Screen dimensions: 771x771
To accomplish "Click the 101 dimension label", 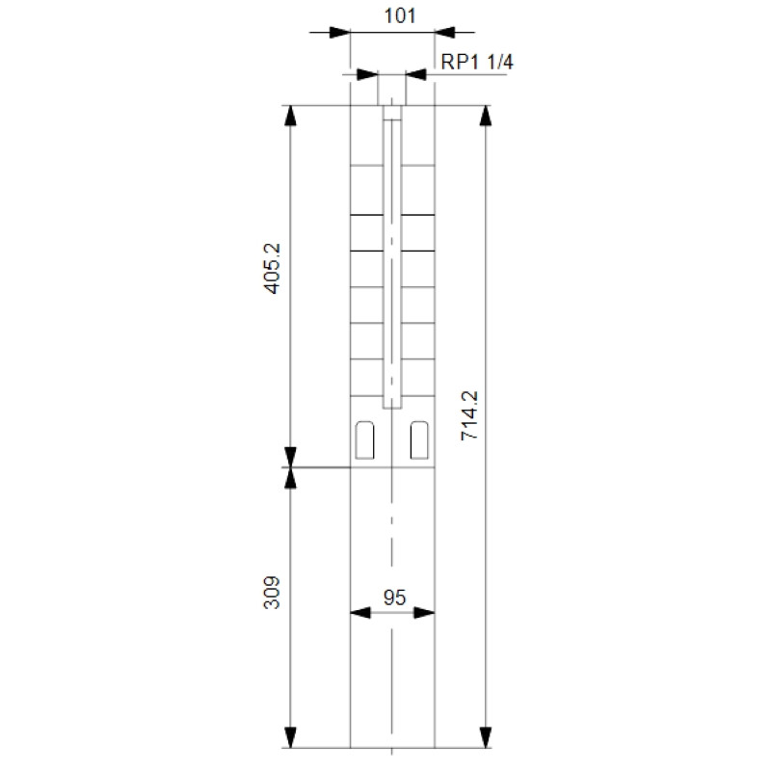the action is tap(399, 15).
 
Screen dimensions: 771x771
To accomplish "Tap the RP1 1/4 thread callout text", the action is tap(476, 62).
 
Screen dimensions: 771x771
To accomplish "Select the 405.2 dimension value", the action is tap(272, 269).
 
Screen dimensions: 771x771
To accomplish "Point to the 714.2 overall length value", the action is tap(469, 415).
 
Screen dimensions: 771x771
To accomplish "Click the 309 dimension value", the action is tap(272, 593).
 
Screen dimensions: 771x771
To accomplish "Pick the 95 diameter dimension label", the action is tap(394, 598).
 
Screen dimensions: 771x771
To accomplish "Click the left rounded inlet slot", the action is tap(364, 440).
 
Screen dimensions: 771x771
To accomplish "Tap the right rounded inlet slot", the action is tap(419, 440).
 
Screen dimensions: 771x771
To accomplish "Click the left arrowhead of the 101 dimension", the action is tap(339, 33).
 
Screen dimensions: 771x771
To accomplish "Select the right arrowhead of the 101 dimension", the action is tap(445, 33).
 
